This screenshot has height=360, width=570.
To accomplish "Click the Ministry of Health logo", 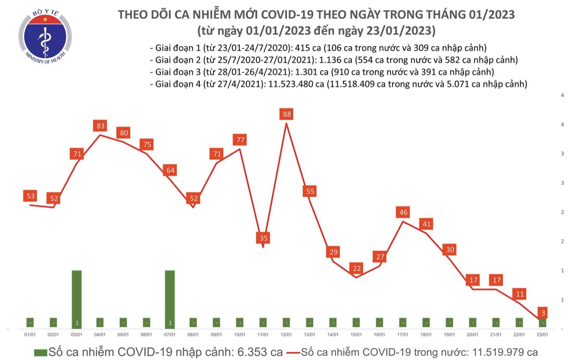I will [45, 38].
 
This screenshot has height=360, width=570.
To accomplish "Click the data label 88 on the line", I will [287, 114].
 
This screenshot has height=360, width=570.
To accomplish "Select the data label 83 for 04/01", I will [100, 126].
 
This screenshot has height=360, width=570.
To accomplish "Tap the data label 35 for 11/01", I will [263, 237].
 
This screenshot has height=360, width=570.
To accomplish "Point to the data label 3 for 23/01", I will [543, 313].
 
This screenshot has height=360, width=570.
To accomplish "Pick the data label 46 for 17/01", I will [403, 212].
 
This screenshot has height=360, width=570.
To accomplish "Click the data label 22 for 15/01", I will [356, 268].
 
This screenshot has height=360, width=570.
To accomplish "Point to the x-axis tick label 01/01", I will [30, 334].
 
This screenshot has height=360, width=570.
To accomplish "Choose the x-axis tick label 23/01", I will [543, 334].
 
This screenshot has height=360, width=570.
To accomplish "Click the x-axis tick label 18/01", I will [426, 334].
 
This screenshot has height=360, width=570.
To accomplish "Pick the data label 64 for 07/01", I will [170, 170].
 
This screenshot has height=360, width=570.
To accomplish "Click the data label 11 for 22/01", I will [520, 293].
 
